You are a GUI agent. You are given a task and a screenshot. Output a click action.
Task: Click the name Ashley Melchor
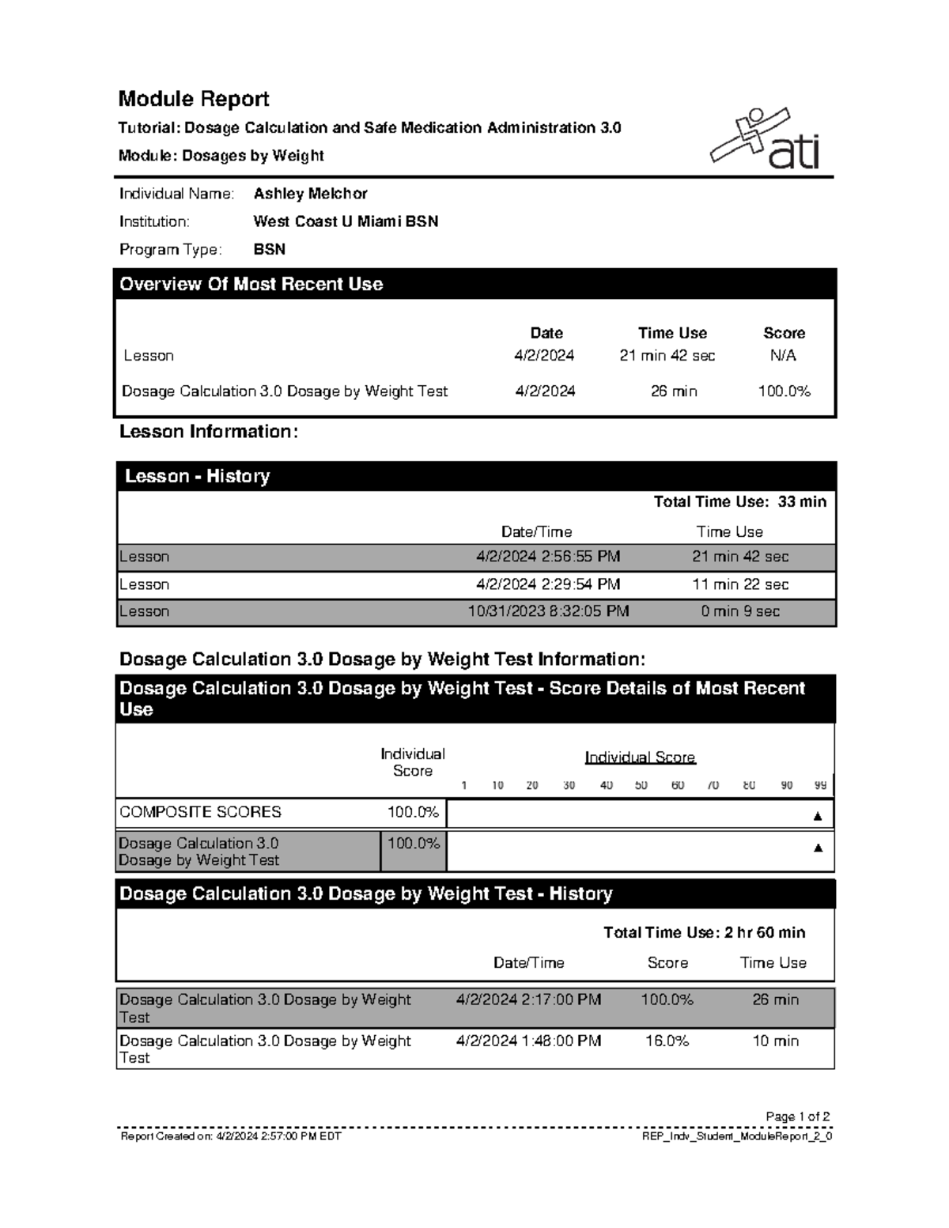(x=310, y=194)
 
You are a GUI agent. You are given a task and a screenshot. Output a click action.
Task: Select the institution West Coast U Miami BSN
(x=346, y=221)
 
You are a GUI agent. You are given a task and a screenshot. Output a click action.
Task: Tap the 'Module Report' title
(x=194, y=99)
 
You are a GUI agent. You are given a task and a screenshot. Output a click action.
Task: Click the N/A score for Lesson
(x=783, y=356)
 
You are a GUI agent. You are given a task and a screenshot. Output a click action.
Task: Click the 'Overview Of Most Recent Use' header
(x=251, y=285)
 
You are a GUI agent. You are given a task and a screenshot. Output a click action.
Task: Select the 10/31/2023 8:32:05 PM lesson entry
(x=548, y=611)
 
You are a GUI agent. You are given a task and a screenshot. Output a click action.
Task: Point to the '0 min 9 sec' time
(x=740, y=611)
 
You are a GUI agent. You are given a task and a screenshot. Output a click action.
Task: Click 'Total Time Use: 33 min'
(x=739, y=501)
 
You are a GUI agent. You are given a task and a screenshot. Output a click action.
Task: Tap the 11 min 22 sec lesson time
(x=740, y=584)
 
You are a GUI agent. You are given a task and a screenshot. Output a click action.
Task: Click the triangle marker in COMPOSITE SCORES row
(x=818, y=816)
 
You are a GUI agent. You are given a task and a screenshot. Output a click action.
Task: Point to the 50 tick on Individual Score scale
(x=641, y=785)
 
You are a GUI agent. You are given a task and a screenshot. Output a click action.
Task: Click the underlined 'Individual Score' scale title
(x=640, y=758)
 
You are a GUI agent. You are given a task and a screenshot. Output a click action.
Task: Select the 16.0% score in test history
(x=667, y=1041)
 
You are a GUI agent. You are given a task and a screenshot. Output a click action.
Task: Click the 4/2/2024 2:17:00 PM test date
(x=528, y=999)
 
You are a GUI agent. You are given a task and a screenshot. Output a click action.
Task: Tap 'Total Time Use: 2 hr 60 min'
(x=704, y=932)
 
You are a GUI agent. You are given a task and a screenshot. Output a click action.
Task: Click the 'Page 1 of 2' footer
(x=797, y=1117)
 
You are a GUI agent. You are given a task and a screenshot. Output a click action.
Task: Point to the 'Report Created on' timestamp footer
(x=231, y=1136)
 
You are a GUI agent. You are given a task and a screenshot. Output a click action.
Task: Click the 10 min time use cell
(x=775, y=1041)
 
